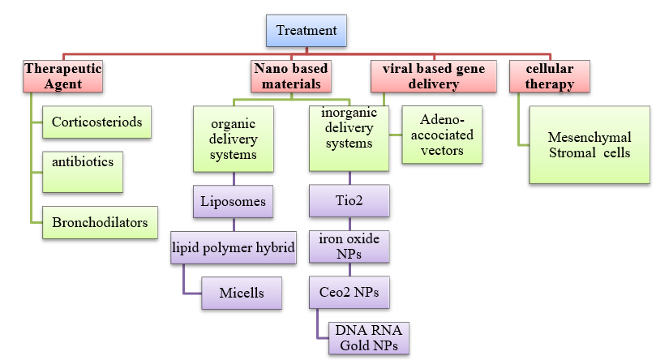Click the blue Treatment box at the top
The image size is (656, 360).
[x=307, y=31]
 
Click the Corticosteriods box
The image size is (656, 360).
[x=96, y=122]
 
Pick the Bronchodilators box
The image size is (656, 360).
[x=100, y=223]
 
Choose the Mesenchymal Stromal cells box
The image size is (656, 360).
[x=589, y=146]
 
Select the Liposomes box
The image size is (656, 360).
[x=233, y=199]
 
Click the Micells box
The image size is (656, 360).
[x=241, y=292]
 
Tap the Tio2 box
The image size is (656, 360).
[x=349, y=199]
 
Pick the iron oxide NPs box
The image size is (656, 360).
[x=349, y=246]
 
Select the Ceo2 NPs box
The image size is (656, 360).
[x=349, y=291]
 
